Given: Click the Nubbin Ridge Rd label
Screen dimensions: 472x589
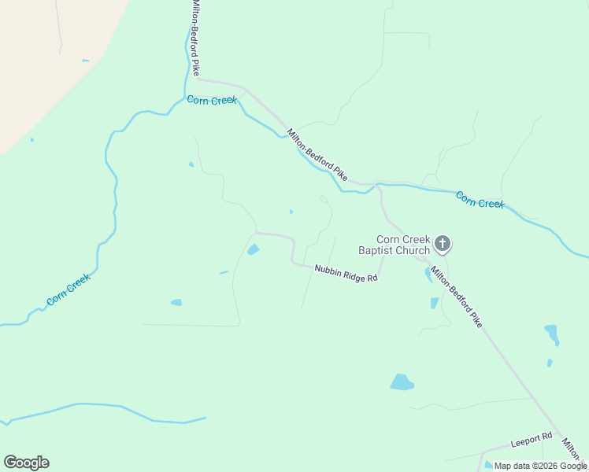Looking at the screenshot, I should click(x=346, y=273).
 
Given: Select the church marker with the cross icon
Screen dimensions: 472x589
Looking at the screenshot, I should click(x=443, y=245).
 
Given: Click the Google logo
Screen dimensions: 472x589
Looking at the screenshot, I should click(x=26, y=463).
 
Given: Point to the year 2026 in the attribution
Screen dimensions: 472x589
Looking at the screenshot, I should click(x=543, y=466).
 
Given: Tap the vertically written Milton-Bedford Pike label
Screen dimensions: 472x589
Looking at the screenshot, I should click(x=194, y=38).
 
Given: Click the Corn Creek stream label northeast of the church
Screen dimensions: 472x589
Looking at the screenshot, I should click(x=480, y=200).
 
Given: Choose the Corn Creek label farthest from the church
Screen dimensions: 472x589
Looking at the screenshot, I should click(x=69, y=289).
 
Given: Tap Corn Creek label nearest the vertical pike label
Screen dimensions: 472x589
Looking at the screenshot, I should click(x=212, y=102).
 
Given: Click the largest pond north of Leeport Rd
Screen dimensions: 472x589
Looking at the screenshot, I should click(x=402, y=382).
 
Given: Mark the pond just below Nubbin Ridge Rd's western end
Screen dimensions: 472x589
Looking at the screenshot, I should click(x=253, y=250).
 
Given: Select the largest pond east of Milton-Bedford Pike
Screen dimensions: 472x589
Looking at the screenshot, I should click(x=552, y=333).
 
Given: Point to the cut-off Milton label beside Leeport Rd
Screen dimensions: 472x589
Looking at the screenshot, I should click(x=573, y=449).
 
